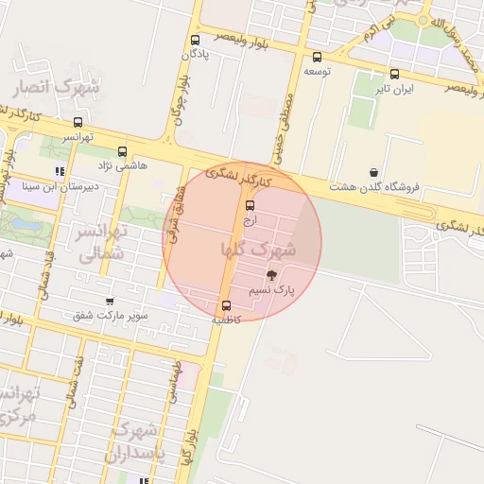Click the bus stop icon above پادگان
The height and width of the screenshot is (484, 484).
click(195, 41)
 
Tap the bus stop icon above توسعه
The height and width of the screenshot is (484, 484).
click(315, 57)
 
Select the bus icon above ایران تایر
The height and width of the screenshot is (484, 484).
click(394, 74)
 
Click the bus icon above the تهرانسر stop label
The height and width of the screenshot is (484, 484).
click(78, 122)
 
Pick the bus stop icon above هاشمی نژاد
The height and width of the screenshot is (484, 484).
click(122, 151)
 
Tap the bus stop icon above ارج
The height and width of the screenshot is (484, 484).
click(250, 205)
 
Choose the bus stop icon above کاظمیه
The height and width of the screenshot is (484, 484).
click(226, 305)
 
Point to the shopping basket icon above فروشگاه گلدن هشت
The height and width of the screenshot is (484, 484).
click(374, 172)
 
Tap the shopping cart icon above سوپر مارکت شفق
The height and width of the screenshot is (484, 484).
click(112, 302)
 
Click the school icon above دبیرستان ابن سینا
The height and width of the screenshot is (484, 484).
click(60, 171)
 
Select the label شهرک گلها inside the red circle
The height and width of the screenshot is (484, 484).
click(258, 250)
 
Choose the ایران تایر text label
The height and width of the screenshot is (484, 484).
click(394, 88)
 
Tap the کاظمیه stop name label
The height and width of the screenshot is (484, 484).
click(226, 320)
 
